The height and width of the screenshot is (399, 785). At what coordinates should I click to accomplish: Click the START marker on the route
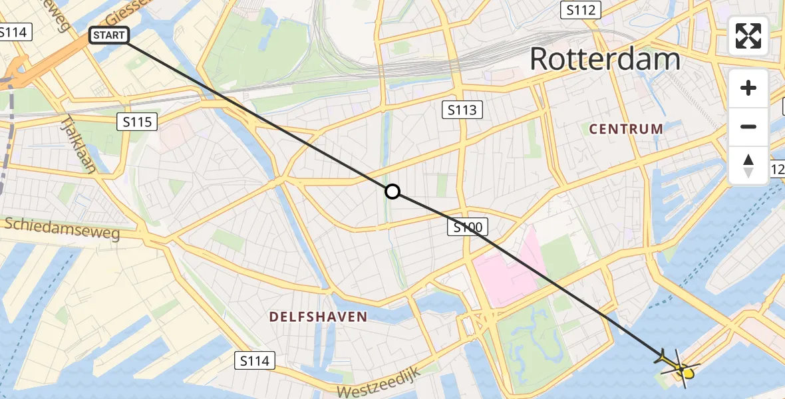(x=108, y=35)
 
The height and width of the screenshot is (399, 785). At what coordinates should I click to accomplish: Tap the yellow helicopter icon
(x=679, y=365)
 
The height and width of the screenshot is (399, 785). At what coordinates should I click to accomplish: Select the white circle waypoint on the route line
(x=392, y=192)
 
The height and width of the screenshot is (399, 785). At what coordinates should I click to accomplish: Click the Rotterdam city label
(x=605, y=59)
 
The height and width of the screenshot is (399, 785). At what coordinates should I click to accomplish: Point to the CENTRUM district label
(x=626, y=129)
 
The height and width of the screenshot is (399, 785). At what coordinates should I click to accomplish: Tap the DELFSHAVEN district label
(x=318, y=317)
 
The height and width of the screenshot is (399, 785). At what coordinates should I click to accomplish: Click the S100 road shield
(x=467, y=227)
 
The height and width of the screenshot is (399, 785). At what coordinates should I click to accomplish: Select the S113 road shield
(x=462, y=110)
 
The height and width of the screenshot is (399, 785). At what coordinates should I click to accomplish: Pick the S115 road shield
(x=137, y=122)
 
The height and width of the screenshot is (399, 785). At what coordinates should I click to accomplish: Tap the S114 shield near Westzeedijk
(x=254, y=361)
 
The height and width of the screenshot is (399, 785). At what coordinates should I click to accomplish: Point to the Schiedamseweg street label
(x=61, y=228)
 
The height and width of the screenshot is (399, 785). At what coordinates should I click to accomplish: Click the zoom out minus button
(x=748, y=126)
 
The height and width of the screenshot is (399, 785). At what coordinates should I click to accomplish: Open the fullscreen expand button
(x=748, y=36)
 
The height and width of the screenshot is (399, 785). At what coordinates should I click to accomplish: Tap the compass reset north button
(x=748, y=165)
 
